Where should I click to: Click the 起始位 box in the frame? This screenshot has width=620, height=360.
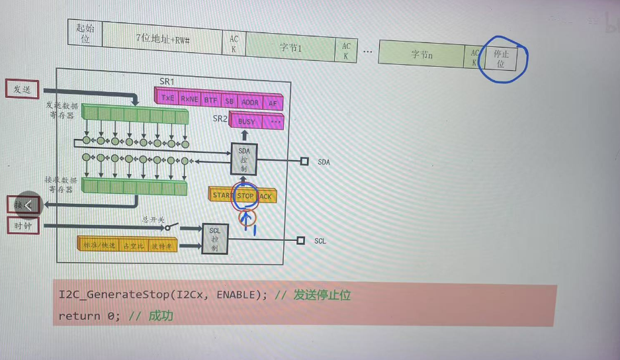click(x=85, y=33)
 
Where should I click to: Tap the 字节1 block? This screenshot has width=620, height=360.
click(x=290, y=48)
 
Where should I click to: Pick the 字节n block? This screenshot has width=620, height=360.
click(x=421, y=54)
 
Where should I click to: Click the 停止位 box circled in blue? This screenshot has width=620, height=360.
click(x=501, y=60)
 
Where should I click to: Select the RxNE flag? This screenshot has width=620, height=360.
click(x=190, y=99)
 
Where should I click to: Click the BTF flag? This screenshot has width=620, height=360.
click(x=210, y=101)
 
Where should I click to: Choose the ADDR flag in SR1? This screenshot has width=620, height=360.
click(x=250, y=103)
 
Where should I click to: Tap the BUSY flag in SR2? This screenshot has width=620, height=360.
click(x=246, y=122)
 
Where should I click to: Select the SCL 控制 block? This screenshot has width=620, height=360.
click(x=214, y=239)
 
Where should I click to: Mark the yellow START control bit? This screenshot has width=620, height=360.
click(x=222, y=195)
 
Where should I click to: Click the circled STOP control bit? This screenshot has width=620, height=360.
click(x=245, y=196)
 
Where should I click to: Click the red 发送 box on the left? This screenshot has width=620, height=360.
click(x=22, y=89)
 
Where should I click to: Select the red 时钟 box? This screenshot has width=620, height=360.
click(x=23, y=226)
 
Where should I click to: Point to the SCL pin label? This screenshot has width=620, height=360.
click(x=320, y=242)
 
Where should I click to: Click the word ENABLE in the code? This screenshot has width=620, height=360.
click(x=235, y=295)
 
